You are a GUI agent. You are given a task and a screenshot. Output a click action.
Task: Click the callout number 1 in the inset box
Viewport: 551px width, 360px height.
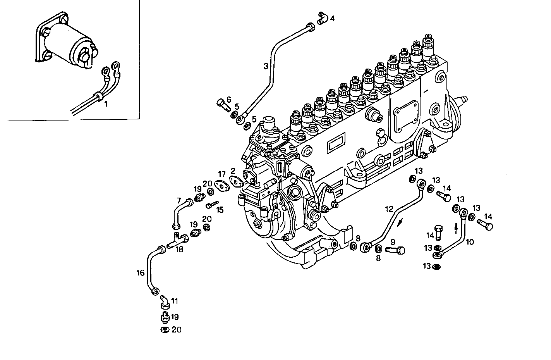pyautogui.click(x=106, y=104)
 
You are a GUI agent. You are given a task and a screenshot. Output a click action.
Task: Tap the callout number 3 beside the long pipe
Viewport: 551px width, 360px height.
pyautogui.click(x=266, y=66)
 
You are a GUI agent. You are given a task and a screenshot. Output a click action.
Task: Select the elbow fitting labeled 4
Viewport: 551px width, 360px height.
pyautogui.click(x=322, y=18)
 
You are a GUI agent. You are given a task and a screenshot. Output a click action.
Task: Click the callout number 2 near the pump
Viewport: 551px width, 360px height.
pyautogui.click(x=233, y=171)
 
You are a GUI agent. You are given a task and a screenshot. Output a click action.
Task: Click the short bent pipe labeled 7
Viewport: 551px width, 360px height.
pyautogui.click(x=180, y=213)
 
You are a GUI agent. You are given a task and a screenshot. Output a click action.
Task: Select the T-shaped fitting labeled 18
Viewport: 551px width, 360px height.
pyautogui.click(x=177, y=240)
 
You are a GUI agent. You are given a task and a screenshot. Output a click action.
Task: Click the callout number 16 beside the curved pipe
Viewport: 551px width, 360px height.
pyautogui.click(x=140, y=273)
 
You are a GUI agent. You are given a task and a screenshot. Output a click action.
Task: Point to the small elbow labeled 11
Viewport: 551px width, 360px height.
pyautogui.click(x=164, y=301)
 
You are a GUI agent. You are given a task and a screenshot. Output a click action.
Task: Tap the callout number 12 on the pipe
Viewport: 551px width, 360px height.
pyautogui.click(x=389, y=209)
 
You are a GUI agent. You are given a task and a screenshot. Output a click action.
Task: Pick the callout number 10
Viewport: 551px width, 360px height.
pyautogui.click(x=470, y=242)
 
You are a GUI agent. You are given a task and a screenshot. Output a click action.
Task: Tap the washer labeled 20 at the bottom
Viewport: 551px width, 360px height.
pyautogui.click(x=165, y=330)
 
